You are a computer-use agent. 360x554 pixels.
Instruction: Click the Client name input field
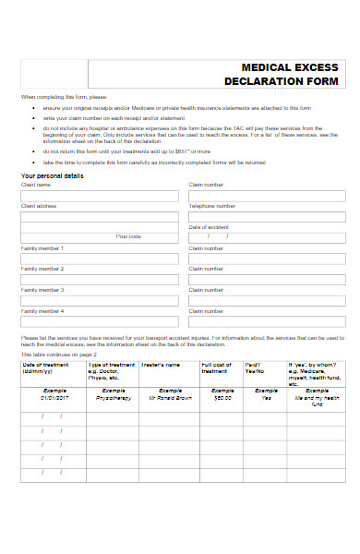pyautogui.click(x=99, y=196)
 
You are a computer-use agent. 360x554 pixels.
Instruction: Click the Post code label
pyautogui.click(x=128, y=237)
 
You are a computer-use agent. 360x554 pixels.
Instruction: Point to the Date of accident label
pyautogui.click(x=209, y=227)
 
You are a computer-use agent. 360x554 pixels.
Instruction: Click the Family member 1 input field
pyautogui.click(x=99, y=260)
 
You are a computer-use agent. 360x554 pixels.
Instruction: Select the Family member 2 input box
pyautogui.click(x=99, y=281)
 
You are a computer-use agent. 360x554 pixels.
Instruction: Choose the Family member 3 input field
pyautogui.click(x=99, y=302)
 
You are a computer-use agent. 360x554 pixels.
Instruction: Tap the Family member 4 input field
pyautogui.click(x=99, y=323)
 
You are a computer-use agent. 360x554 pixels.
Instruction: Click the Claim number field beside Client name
pyautogui.click(x=266, y=196)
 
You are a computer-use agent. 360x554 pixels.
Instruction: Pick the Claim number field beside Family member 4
pyautogui.click(x=266, y=323)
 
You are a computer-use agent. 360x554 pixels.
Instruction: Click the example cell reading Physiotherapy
pyautogui.click(x=112, y=399)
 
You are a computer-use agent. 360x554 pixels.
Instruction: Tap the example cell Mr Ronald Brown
pyautogui.click(x=170, y=399)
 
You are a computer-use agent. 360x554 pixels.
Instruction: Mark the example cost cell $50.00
pyautogui.click(x=222, y=399)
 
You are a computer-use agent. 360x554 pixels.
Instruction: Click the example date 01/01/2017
pyautogui.click(x=54, y=399)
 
